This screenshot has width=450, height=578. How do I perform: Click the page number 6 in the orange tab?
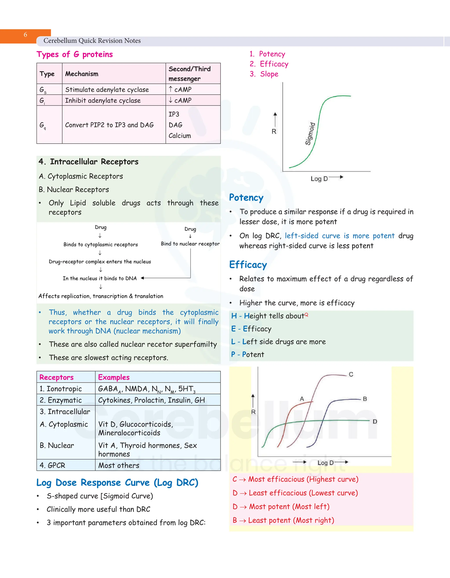(x=25, y=35)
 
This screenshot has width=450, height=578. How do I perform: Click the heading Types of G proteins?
(x=74, y=54)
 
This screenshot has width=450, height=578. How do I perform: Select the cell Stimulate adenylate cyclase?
(x=107, y=90)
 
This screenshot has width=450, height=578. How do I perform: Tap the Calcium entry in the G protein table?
(x=180, y=136)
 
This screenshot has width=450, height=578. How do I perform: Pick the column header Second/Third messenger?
(x=189, y=74)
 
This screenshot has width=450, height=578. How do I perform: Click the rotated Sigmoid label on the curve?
(x=310, y=134)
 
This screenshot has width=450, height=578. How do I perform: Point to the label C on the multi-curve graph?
(x=351, y=374)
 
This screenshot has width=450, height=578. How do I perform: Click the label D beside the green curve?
(x=375, y=421)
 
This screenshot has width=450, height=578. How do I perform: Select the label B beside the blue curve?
(x=365, y=399)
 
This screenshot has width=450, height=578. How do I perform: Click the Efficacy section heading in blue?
(x=248, y=265)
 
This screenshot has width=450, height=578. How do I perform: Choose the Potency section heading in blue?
(x=246, y=198)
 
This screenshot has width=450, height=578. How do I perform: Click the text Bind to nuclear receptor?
(x=190, y=244)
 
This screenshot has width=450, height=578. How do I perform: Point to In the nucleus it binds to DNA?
(x=100, y=278)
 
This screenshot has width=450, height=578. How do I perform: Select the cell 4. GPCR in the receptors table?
(x=53, y=465)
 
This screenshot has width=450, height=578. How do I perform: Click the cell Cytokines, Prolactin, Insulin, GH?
(x=151, y=400)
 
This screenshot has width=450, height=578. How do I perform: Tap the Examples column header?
(x=114, y=377)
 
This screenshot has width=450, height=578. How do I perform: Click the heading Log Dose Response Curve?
(x=117, y=483)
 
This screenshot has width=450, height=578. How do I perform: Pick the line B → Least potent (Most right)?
(x=283, y=520)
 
